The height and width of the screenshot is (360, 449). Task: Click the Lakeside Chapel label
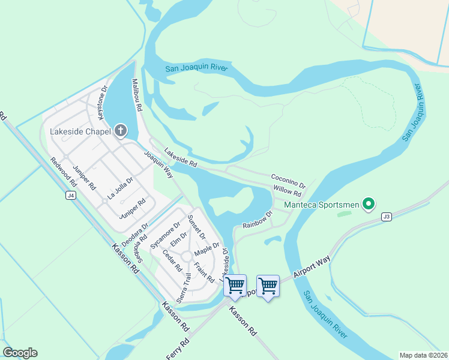click(x=81, y=131)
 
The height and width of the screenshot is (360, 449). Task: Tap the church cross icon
click(x=121, y=131)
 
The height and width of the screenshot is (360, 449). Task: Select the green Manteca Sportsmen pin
click(x=369, y=205)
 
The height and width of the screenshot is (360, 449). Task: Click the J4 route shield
click(x=71, y=196)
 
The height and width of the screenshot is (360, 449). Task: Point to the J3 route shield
click(x=385, y=217)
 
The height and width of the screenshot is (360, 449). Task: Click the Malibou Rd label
click(x=136, y=96)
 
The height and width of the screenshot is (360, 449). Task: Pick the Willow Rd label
click(x=287, y=190)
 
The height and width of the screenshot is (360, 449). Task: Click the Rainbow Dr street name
click(x=258, y=219)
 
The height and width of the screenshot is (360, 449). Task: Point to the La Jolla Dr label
click(x=120, y=188)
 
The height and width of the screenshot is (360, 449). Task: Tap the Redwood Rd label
click(x=65, y=171)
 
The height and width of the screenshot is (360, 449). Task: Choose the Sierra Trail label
click(x=184, y=287)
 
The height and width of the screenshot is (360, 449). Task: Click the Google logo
click(x=20, y=353)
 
